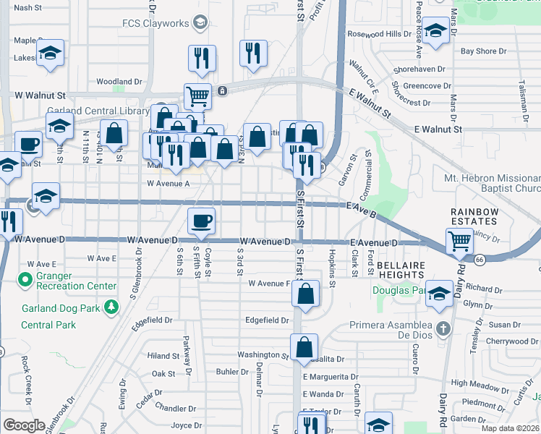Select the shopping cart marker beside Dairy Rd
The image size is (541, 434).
(x=460, y=241)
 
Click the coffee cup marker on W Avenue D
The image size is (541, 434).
(x=202, y=219)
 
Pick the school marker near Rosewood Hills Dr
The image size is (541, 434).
(x=436, y=32)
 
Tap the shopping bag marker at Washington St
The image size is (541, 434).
(x=304, y=345)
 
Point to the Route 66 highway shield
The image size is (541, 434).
(x=480, y=258)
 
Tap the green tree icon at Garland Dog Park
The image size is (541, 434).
(x=111, y=308)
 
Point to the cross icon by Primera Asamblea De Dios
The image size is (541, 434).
(x=442, y=329)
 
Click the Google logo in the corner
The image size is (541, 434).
(x=24, y=425)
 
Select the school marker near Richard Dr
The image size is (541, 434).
(x=439, y=292)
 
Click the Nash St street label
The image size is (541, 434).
(x=27, y=7)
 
